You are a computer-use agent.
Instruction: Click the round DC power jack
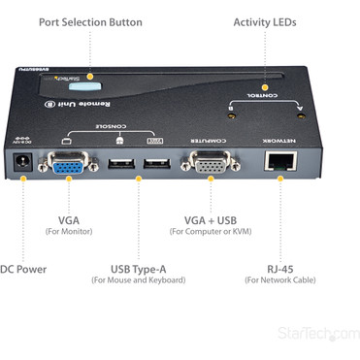(x=20, y=174)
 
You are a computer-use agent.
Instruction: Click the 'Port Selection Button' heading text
(x=90, y=21)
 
